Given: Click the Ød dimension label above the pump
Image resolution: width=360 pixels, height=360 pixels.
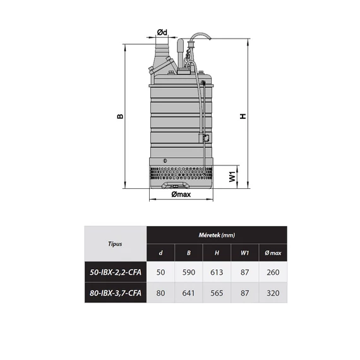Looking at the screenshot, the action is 162,32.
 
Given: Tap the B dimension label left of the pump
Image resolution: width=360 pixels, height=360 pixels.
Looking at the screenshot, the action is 120,116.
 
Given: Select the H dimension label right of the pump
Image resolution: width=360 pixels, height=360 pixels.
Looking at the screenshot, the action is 243,116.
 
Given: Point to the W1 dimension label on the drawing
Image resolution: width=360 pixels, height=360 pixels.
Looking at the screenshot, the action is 232,177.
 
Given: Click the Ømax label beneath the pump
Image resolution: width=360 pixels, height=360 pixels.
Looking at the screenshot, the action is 181,195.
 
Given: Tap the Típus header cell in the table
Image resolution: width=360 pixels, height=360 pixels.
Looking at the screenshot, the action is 115,244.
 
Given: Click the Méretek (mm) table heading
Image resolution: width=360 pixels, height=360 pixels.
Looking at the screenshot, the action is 217,235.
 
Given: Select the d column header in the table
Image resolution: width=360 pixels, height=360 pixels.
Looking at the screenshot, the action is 160,253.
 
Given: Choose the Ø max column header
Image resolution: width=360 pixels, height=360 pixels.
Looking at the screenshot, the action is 273,253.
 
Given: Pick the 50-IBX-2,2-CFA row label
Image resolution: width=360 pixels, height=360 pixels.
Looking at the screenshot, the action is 116,272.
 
